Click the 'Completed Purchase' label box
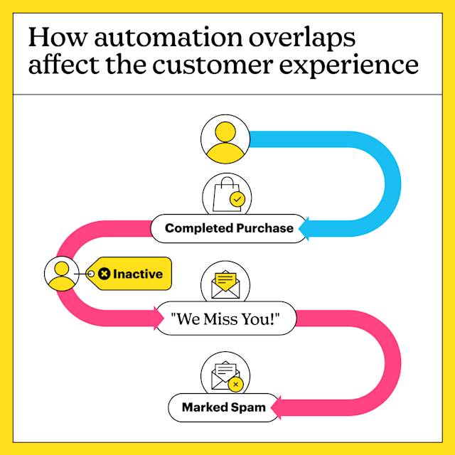click(x=229, y=228)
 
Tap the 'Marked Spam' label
click(x=223, y=407)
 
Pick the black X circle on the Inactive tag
click(x=105, y=274)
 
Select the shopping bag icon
click(x=226, y=193)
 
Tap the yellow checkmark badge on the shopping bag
click(x=237, y=200)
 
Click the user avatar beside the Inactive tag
click(x=62, y=274)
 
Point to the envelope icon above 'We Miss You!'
click(x=225, y=285)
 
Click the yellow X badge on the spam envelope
click(x=236, y=385)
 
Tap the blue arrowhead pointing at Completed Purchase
click(x=306, y=228)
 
